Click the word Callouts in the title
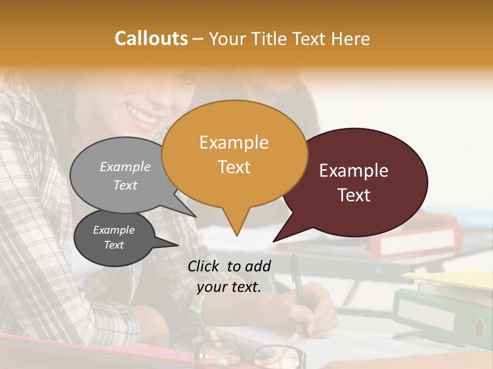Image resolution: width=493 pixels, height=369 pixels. pos(151,38)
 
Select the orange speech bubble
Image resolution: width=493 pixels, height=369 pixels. pos(235,154)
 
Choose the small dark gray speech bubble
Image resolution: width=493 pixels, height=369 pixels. pos(114,238)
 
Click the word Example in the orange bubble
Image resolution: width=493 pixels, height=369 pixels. pos(234,142)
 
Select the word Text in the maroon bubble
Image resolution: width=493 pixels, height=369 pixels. pos(354,195)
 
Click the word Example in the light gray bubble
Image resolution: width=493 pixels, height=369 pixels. pos(125,167)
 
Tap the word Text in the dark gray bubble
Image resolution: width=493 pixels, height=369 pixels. pos(114,245)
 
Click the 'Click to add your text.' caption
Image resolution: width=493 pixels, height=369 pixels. pos(229,277)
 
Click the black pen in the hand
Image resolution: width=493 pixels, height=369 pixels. pos(297,287)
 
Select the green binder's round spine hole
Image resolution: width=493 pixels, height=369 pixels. pos(479,327)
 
